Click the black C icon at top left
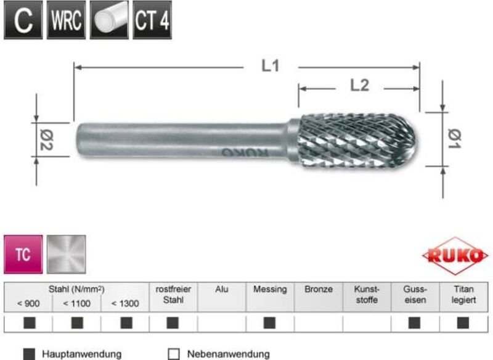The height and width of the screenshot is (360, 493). pyautogui.click(x=23, y=20)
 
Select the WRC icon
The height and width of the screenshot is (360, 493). pyautogui.click(x=66, y=20)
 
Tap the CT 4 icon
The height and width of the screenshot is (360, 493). pyautogui.click(x=152, y=20)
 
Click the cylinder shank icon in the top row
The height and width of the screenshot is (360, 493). pyautogui.click(x=109, y=20)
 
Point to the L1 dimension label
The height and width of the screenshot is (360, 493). pyautogui.click(x=271, y=66)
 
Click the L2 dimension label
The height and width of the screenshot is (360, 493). pyautogui.click(x=360, y=86)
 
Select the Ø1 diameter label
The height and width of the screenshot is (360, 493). pyautogui.click(x=454, y=139)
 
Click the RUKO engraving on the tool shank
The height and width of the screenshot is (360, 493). pyautogui.click(x=245, y=152)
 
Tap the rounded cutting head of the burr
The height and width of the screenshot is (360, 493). pyautogui.click(x=357, y=140)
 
